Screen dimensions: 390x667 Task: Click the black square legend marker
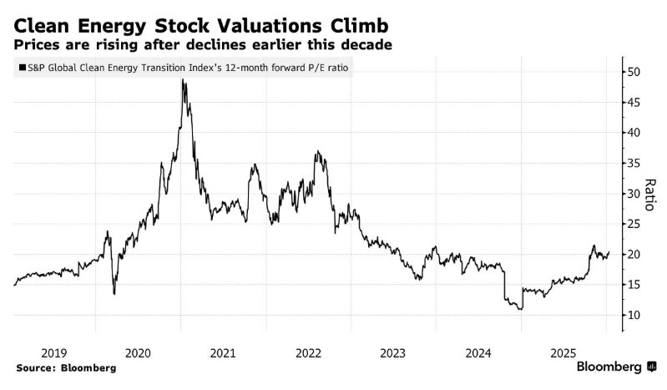pos(21,68)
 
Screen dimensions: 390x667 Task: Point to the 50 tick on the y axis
pos(634,72)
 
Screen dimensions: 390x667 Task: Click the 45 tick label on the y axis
pos(634,102)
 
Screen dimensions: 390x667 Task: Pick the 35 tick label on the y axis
pos(634,163)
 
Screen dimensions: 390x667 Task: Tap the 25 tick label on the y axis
pos(634,224)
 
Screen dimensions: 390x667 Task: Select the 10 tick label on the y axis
pos(634,315)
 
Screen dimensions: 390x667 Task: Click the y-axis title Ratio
pos(652,193)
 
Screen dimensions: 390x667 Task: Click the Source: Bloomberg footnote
pos(65,367)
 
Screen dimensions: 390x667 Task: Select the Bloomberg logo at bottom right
pos(614,367)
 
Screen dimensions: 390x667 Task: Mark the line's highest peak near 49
pos(183,79)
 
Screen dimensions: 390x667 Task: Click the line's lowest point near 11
pos(521,309)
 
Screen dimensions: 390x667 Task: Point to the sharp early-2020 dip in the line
pos(114,293)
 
